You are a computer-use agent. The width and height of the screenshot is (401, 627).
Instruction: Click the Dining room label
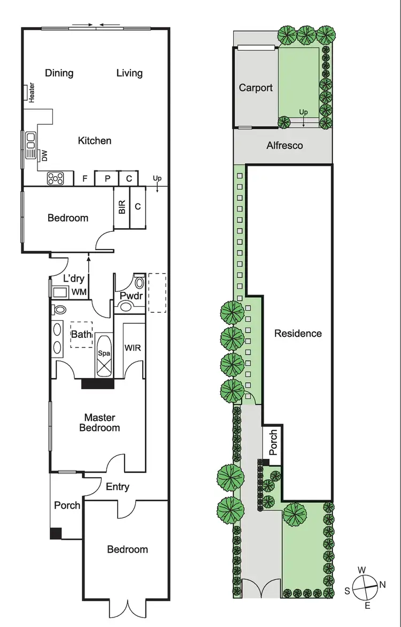59,73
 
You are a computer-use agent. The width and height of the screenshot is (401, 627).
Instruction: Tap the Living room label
129,73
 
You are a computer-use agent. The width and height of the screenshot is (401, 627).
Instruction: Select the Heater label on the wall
32,93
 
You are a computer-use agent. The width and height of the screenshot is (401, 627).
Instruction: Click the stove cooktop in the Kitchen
56,178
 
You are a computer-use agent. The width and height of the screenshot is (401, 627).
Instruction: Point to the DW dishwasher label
45,156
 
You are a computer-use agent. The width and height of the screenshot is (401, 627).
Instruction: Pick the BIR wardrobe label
122,207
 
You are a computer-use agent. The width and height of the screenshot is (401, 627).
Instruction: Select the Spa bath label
103,353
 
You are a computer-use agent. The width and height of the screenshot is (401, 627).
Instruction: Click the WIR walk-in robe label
133,348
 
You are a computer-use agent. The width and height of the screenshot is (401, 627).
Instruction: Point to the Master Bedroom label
99,422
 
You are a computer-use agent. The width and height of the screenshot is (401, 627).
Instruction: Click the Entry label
117,487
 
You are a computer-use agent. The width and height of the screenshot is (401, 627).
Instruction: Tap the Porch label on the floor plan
67,505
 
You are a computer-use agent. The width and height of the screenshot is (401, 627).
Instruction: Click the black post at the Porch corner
56,533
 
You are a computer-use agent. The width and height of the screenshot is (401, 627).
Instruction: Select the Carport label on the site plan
256,88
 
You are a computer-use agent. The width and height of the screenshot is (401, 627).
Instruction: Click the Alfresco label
284,146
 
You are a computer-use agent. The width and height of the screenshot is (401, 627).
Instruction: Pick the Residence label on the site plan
298,334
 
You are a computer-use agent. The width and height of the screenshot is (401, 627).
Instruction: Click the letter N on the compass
382,585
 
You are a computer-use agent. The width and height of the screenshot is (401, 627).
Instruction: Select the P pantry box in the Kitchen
107,179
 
